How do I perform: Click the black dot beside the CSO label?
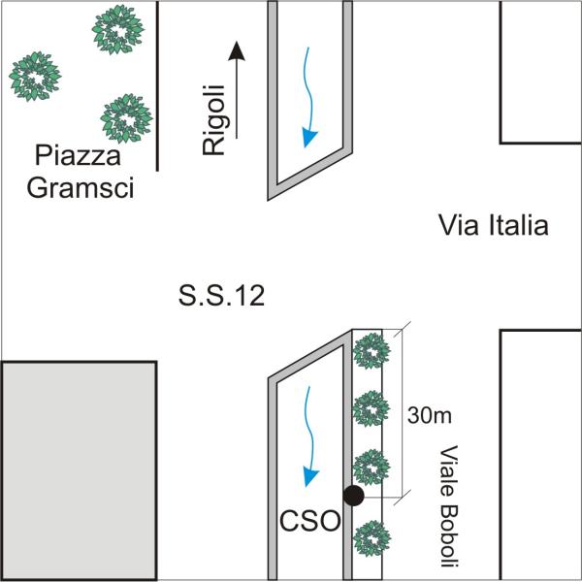pyautogui.click(x=354, y=496)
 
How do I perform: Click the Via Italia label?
pyautogui.click(x=494, y=227)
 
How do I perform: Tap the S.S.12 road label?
pyautogui.click(x=221, y=296)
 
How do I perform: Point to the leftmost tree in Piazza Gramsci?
pyautogui.click(x=37, y=75)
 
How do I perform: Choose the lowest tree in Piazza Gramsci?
pyautogui.click(x=126, y=117)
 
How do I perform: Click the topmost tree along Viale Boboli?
pyautogui.click(x=370, y=351)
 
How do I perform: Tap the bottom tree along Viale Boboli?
pyautogui.click(x=370, y=537)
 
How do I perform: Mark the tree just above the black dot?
pyautogui.click(x=370, y=467)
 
